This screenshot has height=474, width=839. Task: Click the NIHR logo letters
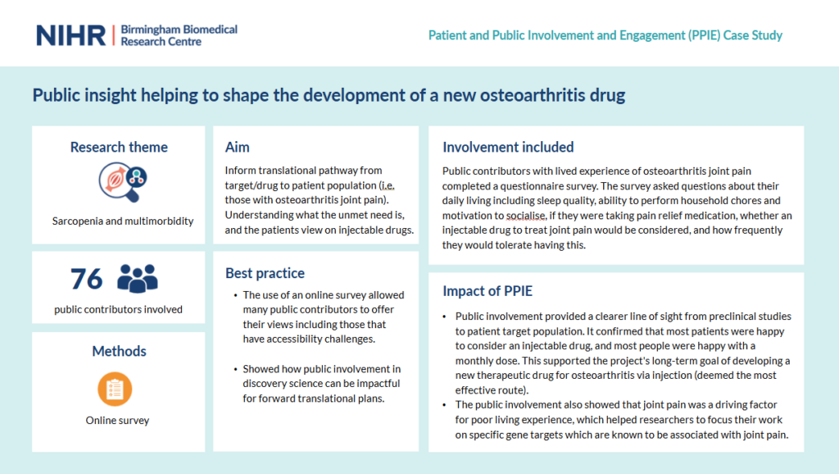pyautogui.click(x=71, y=36)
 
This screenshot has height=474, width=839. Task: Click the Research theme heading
pyautogui.click(x=119, y=148)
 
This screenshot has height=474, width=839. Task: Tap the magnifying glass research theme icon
pyautogui.click(x=123, y=182)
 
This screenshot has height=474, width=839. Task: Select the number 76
pyautogui.click(x=86, y=279)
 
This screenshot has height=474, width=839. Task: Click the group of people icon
pyautogui.click(x=138, y=279)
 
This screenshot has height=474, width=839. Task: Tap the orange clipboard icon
pyautogui.click(x=115, y=389)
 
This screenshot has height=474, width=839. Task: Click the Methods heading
pyautogui.click(x=119, y=351)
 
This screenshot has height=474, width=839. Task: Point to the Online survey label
pyautogui.click(x=117, y=421)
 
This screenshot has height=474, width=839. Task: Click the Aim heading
pyautogui.click(x=237, y=148)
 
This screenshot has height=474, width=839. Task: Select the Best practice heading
pyautogui.click(x=265, y=273)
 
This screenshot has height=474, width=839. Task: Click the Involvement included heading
pyautogui.click(x=508, y=148)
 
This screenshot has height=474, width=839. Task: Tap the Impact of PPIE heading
pyautogui.click(x=488, y=291)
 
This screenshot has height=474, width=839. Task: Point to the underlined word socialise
pyautogui.click(x=526, y=216)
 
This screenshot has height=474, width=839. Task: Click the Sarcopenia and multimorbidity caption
pyautogui.click(x=123, y=221)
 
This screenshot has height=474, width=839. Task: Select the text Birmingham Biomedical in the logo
pyautogui.click(x=179, y=30)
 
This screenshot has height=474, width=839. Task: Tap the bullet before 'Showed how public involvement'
pyautogui.click(x=235, y=369)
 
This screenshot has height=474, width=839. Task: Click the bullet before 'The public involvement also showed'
pyautogui.click(x=445, y=405)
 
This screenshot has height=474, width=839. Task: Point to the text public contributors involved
pyautogui.click(x=118, y=309)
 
